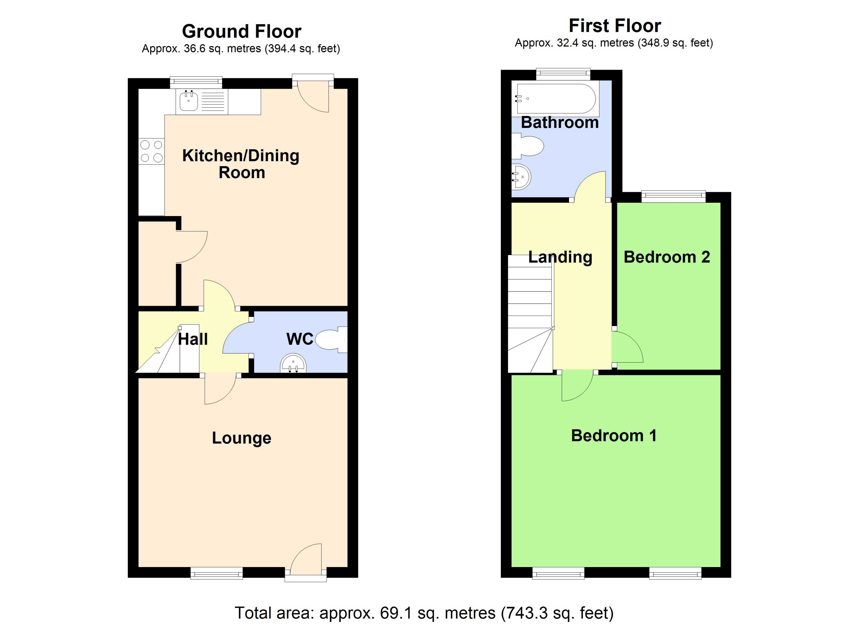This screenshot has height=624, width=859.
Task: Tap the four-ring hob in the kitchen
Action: pyautogui.click(x=151, y=151)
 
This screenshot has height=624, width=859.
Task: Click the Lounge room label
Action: pyautogui.click(x=241, y=438)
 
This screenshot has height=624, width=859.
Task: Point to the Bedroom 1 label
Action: pyautogui.click(x=614, y=435)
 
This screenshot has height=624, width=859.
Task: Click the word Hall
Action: pyautogui.click(x=193, y=339)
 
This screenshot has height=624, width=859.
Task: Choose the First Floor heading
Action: pyautogui.click(x=615, y=26)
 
